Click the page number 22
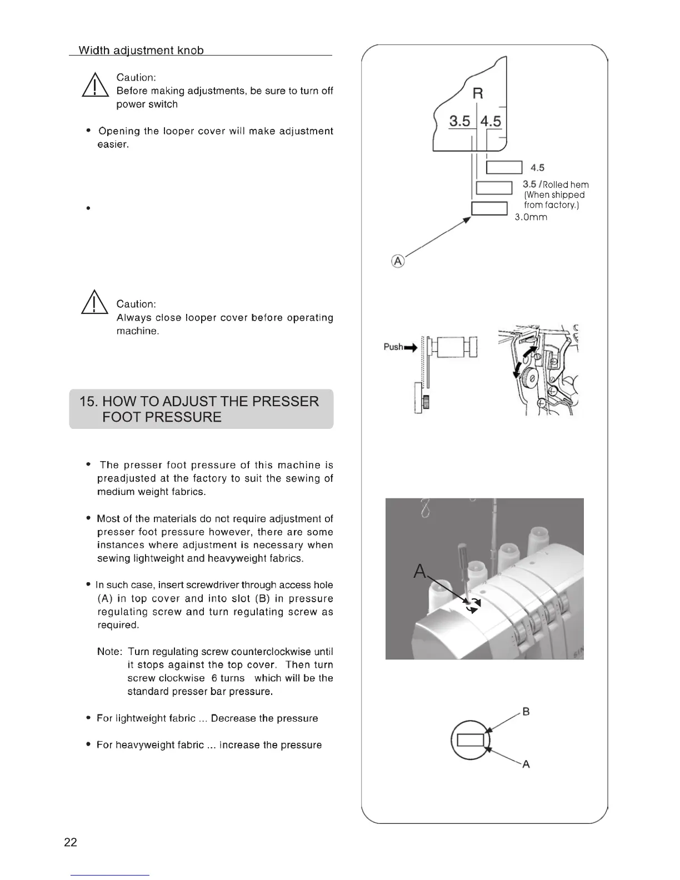(71, 842)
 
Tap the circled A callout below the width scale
(398, 261)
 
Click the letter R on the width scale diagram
(477, 93)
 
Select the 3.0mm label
(531, 217)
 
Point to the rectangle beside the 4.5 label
(504, 167)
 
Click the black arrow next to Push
(411, 348)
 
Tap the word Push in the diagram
(393, 347)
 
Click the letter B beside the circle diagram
(526, 712)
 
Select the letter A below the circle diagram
(526, 764)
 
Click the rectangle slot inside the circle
(471, 741)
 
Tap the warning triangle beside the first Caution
(94, 87)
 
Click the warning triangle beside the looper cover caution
(94, 303)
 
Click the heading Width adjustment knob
(141, 51)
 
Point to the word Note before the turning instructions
(109, 652)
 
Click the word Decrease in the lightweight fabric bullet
(233, 718)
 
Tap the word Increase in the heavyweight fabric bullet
(238, 745)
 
